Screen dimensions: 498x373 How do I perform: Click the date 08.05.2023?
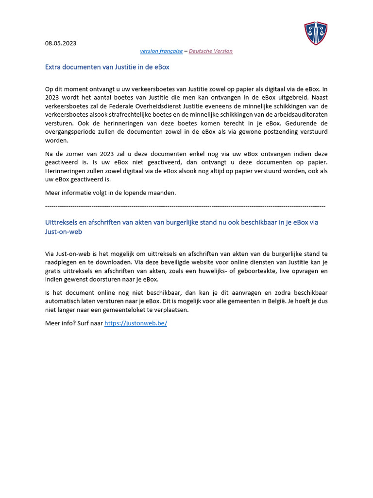tap(61, 43)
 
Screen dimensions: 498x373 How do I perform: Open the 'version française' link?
tap(161, 51)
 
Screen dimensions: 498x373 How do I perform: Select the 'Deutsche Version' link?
tap(210, 51)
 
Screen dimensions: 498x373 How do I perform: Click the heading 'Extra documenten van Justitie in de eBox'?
tap(107, 67)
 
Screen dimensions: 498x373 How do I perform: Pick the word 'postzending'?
tap(271, 132)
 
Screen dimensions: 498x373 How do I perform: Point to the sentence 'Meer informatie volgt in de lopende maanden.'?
tap(110, 193)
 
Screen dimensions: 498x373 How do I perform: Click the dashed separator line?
tap(185, 207)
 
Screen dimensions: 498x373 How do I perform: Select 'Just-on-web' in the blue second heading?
tap(64, 232)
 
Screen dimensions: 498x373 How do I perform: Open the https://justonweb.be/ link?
tap(136, 323)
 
